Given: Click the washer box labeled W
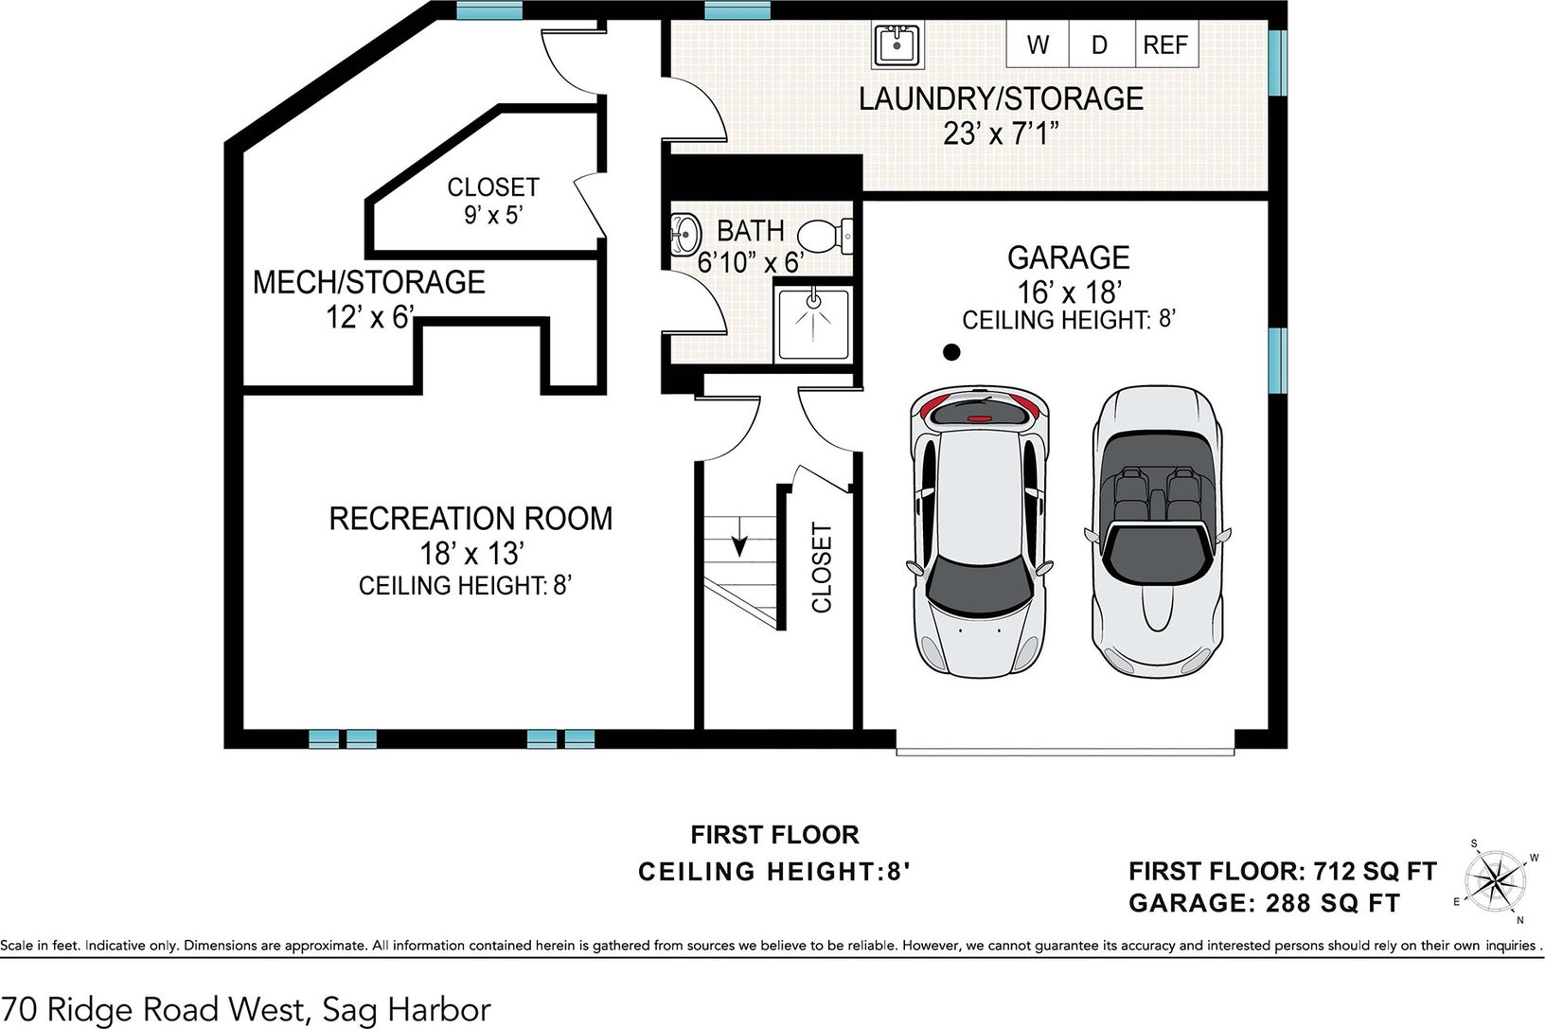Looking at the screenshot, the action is click(x=1038, y=44).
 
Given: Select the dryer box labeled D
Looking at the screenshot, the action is click(x=1102, y=44).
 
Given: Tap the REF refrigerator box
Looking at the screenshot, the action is click(x=1166, y=44).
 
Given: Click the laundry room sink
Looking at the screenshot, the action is click(x=897, y=44).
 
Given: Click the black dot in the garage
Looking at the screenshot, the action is click(x=951, y=352).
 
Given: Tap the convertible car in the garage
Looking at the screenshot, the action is click(x=1157, y=531).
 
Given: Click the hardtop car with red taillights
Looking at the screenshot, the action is click(x=980, y=531).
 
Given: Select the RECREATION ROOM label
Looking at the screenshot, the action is click(x=471, y=519).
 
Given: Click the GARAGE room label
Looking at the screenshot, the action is click(x=1069, y=257).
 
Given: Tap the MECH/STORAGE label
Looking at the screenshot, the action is click(x=369, y=282).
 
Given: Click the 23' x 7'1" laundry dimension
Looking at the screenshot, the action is click(x=1001, y=133).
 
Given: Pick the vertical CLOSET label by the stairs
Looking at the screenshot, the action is click(x=822, y=568).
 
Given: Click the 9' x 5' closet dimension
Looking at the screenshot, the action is click(x=493, y=215).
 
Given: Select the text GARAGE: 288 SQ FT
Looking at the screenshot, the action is click(x=1264, y=903).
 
